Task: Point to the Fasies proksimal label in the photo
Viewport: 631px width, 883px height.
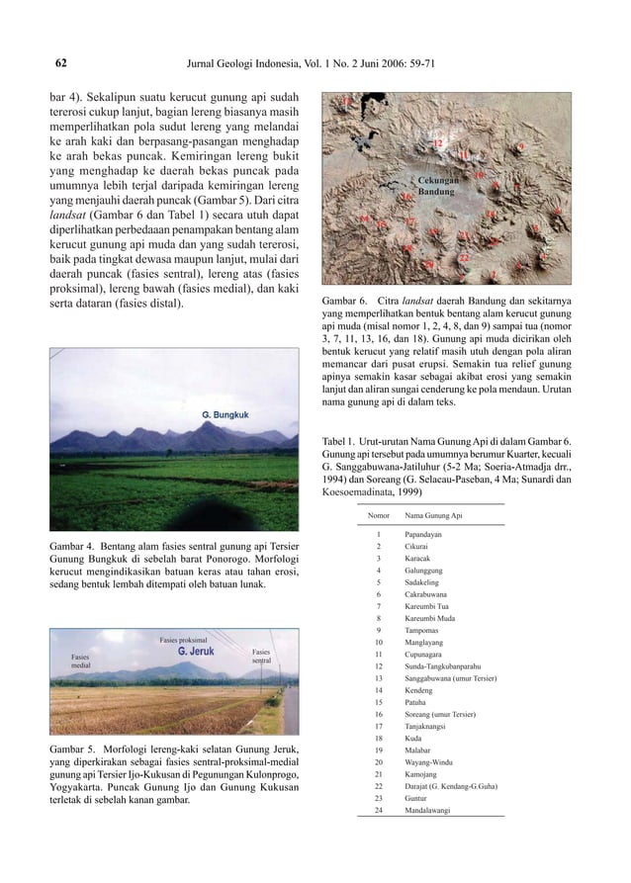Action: pyautogui.click(x=183, y=640)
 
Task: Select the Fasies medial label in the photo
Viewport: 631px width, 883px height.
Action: pyautogui.click(x=81, y=662)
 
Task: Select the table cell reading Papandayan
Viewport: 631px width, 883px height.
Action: pyautogui.click(x=423, y=535)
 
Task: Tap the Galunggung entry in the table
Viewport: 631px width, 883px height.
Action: pyautogui.click(x=424, y=570)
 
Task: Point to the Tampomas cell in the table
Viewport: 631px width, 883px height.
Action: pyautogui.click(x=422, y=630)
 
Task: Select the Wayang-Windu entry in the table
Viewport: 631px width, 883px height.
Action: pyautogui.click(x=428, y=761)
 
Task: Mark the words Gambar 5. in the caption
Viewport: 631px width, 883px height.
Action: pyautogui.click(x=75, y=748)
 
